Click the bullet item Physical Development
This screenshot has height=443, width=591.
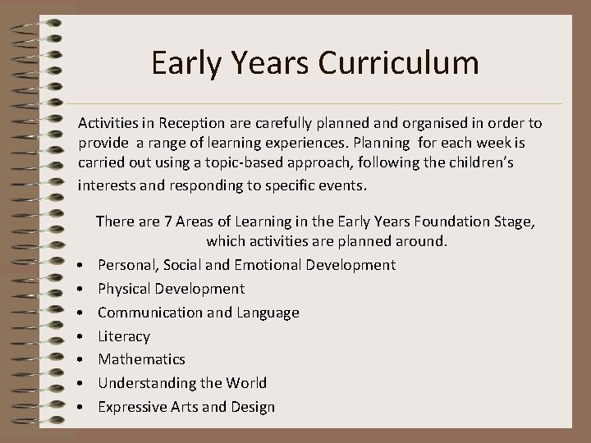(x=171, y=289)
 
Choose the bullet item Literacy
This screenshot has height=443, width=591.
(x=124, y=336)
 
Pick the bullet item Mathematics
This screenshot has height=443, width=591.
(x=141, y=359)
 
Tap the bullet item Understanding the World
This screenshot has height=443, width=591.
(x=182, y=383)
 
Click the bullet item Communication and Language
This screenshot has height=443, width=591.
(x=198, y=313)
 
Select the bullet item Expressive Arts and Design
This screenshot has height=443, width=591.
(x=186, y=407)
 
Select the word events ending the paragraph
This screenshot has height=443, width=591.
(x=345, y=185)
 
